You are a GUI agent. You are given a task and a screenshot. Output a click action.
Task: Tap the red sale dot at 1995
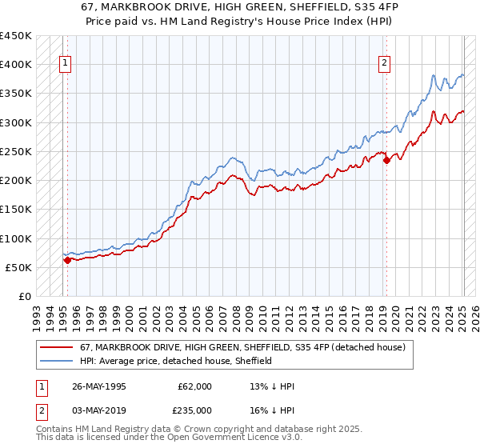tap(67, 260)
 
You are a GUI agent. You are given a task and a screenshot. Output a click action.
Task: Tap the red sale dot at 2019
tap(386, 160)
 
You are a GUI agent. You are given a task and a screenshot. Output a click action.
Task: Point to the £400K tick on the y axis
tap(15, 65)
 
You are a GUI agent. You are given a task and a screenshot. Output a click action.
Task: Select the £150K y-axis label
tap(15, 210)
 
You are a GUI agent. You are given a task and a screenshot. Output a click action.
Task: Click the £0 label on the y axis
tap(24, 297)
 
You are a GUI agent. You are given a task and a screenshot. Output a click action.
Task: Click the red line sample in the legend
tap(56, 347)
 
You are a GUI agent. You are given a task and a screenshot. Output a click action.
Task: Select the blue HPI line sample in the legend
tap(56, 361)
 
